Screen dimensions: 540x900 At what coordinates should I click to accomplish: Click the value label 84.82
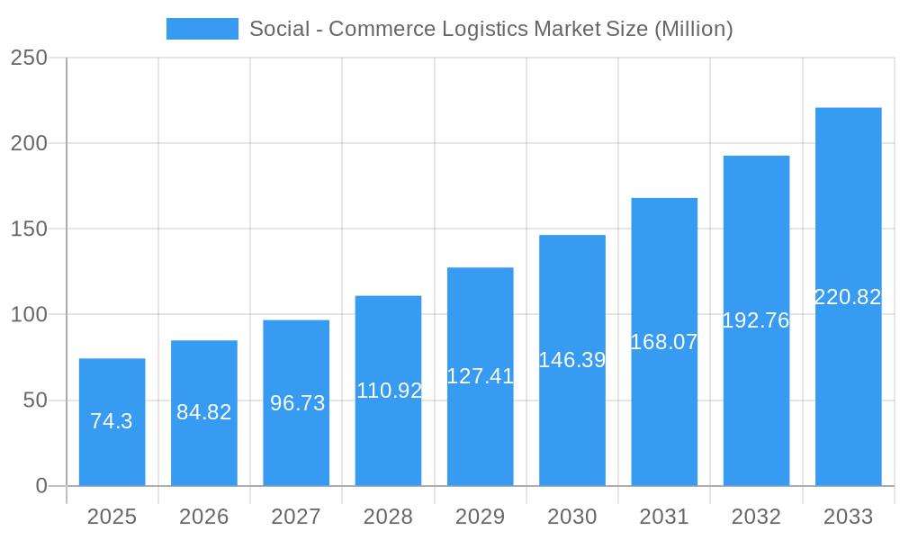(204, 412)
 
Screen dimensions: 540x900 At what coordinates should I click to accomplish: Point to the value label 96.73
(297, 403)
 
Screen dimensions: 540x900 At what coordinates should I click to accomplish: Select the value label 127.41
(481, 376)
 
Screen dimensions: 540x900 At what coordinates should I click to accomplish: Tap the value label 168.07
(664, 342)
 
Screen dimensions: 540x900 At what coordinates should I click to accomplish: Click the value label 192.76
(756, 320)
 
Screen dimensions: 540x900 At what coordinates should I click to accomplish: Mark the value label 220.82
(848, 297)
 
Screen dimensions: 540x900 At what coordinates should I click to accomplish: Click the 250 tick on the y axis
(29, 58)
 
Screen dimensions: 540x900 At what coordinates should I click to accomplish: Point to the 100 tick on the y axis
(29, 315)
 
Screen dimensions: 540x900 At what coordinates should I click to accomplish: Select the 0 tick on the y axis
(40, 486)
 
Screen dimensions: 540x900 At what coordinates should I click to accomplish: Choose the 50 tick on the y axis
(35, 400)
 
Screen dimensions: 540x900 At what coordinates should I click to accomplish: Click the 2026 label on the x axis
(204, 517)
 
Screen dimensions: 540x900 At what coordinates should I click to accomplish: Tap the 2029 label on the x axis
(481, 517)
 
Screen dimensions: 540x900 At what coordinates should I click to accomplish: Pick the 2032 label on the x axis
(756, 517)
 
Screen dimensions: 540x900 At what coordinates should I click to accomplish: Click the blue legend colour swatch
(202, 29)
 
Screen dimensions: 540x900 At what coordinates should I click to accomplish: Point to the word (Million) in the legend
(693, 29)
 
